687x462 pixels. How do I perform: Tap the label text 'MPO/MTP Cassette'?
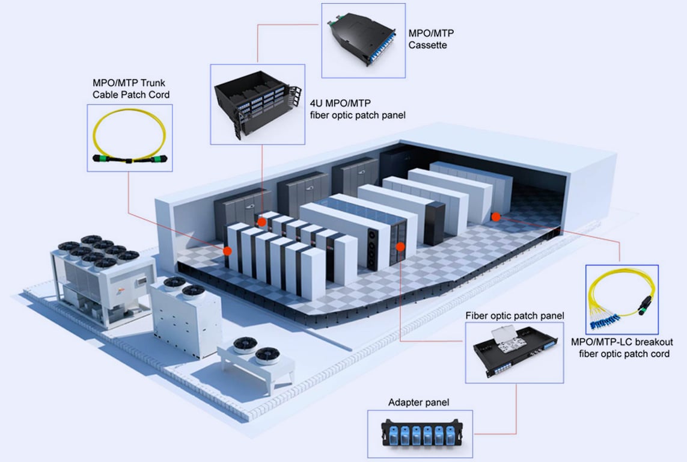click(x=431, y=39)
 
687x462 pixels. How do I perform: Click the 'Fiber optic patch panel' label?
click(x=514, y=315)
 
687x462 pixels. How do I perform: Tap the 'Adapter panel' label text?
click(x=419, y=402)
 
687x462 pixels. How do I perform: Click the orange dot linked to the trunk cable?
click(x=227, y=250)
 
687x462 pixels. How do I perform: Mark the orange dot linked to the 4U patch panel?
click(x=261, y=222)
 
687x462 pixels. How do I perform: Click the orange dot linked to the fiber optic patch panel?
click(x=401, y=246)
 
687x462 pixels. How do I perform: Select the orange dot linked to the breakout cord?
click(x=495, y=216)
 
